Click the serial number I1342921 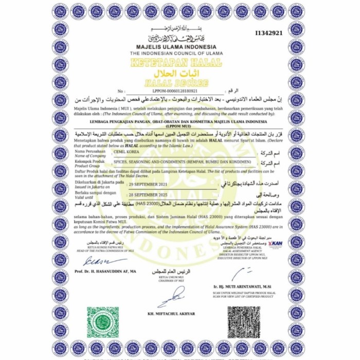tap(269, 33)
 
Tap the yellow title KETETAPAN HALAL tap(176, 63)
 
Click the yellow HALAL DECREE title tap(176, 83)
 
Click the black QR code tap(244, 322)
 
